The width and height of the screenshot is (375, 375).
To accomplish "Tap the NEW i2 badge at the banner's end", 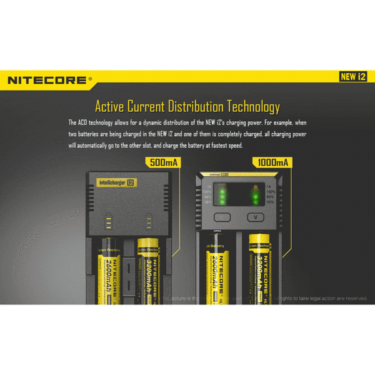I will click(x=352, y=77).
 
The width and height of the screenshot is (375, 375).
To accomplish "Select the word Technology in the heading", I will click(x=249, y=106).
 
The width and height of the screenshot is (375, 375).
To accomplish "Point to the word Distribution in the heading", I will click(x=184, y=106).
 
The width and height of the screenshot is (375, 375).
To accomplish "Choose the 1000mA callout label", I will click(x=272, y=162).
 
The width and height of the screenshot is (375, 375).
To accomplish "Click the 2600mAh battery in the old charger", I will click(x=111, y=269).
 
